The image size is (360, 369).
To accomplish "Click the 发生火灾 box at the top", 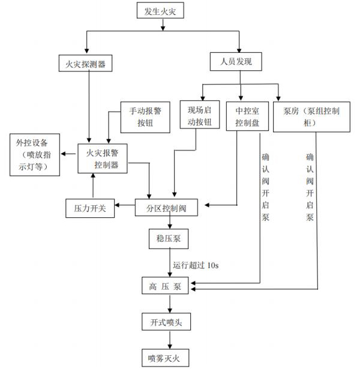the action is pos(160,10).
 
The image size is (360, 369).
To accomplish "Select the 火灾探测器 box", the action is pos(85,63).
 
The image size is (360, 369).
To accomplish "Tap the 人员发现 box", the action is pos(236,61).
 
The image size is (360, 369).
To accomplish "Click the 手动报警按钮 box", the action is pos(145,117).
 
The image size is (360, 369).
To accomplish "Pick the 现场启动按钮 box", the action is pos(200,115).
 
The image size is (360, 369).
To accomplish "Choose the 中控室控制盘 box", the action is pos(247,116).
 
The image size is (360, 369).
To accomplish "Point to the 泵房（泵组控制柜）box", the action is pos(311,117).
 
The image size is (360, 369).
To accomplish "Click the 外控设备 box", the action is pos(35,155).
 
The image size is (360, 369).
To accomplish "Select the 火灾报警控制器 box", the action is pos(103,158).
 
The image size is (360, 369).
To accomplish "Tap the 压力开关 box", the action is pos(90,208).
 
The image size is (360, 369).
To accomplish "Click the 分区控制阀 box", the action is pos(166,208).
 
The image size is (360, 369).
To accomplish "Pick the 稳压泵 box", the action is pos(169,239).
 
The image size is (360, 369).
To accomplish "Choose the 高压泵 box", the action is pos(165,286).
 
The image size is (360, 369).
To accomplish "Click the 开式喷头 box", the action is pos(166,322).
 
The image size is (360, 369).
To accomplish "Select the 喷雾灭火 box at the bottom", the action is pos(165,358).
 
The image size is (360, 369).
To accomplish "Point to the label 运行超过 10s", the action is pos(196,265).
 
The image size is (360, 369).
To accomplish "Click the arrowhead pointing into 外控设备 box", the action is pos(63,154).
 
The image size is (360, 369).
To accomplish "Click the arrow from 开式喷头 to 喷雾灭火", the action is pos(170,340).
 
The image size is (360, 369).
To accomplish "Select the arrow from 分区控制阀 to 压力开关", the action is pos(125,205).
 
